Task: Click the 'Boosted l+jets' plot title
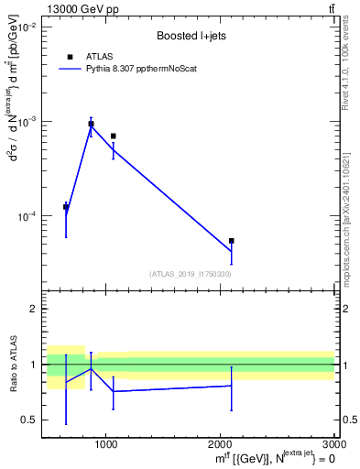point(190,37)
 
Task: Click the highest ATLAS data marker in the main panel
point(91,124)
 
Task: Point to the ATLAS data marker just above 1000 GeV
point(113,136)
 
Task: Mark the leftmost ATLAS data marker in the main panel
point(66,207)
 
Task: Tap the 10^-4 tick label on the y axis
point(25,217)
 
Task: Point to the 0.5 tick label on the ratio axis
point(29,420)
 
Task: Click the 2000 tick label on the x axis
point(220,444)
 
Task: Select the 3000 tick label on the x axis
point(332,444)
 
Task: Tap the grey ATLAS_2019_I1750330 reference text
point(190,274)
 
